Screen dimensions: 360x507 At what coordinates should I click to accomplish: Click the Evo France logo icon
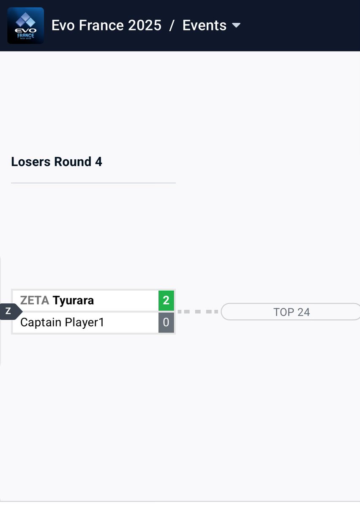click(x=25, y=25)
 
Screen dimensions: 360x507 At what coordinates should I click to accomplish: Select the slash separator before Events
click(x=172, y=25)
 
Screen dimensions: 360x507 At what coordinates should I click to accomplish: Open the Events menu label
click(x=205, y=25)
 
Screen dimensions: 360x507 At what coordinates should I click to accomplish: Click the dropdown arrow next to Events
click(x=236, y=25)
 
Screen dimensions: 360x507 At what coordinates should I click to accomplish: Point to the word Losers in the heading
click(x=30, y=162)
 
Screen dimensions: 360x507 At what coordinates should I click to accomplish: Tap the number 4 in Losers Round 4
click(x=98, y=162)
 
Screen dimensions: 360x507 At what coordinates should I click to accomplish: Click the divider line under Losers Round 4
click(x=93, y=183)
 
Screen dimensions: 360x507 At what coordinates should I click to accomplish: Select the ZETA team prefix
click(x=35, y=300)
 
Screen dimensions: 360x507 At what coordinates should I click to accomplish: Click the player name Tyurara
click(x=73, y=300)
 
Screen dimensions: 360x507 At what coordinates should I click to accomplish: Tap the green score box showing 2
click(x=166, y=300)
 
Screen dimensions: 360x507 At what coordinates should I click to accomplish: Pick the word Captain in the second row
click(x=41, y=322)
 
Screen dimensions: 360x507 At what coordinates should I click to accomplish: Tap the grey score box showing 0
click(x=166, y=322)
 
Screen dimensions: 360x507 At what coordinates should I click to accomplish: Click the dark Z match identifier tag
click(x=8, y=311)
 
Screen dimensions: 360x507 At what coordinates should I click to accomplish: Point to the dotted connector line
click(x=197, y=311)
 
